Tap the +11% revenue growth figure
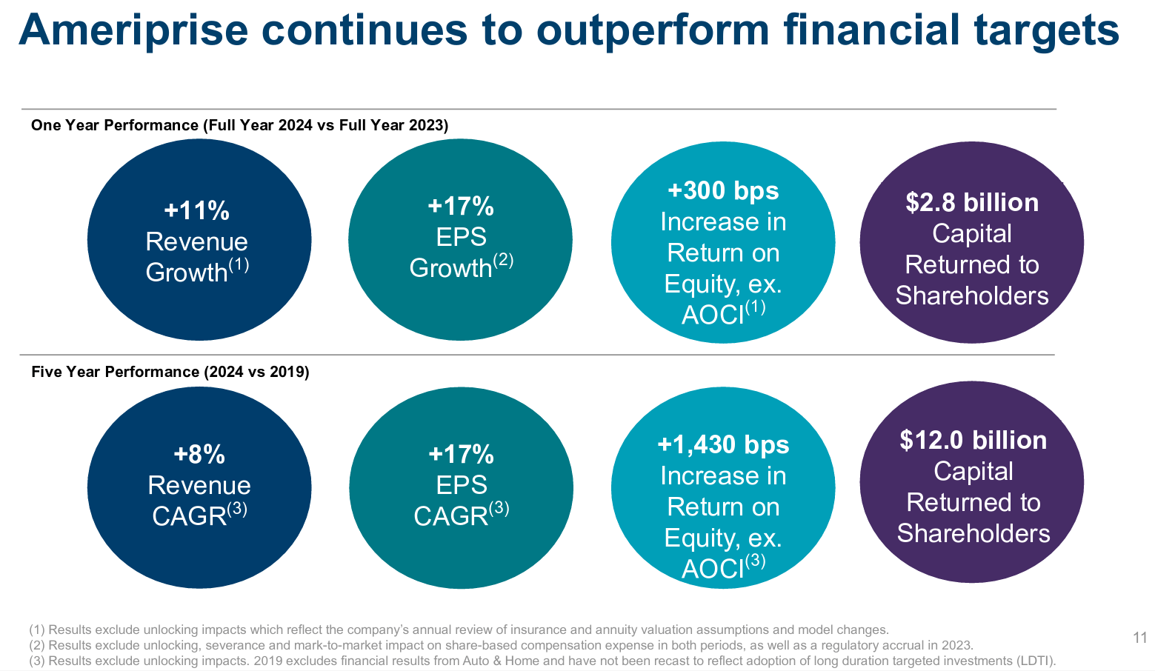(x=196, y=211)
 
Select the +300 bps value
(x=723, y=191)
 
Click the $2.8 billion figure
(x=971, y=203)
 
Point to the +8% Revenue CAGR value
(x=199, y=454)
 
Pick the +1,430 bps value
(x=723, y=445)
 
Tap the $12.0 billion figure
(x=973, y=441)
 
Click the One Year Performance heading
(x=239, y=125)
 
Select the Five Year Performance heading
(x=170, y=372)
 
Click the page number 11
(x=1139, y=638)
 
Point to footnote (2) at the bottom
(x=501, y=645)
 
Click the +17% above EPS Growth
(x=460, y=207)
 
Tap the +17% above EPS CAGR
(x=461, y=454)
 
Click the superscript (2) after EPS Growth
(x=503, y=261)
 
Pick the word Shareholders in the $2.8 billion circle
(x=971, y=296)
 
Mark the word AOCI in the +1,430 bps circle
(x=712, y=569)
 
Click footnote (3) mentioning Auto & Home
(x=542, y=661)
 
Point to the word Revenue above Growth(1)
(x=196, y=242)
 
